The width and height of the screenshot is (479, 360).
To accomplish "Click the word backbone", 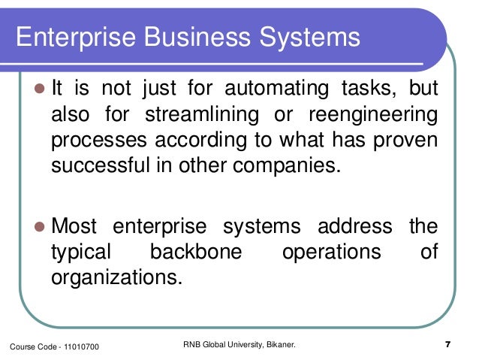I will click(x=196, y=252).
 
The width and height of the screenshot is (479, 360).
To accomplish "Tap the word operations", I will click(x=331, y=252).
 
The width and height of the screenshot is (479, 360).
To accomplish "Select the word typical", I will click(x=82, y=252).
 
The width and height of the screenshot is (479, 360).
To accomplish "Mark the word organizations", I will click(x=116, y=277).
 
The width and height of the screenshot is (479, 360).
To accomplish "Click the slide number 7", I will click(x=447, y=345).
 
